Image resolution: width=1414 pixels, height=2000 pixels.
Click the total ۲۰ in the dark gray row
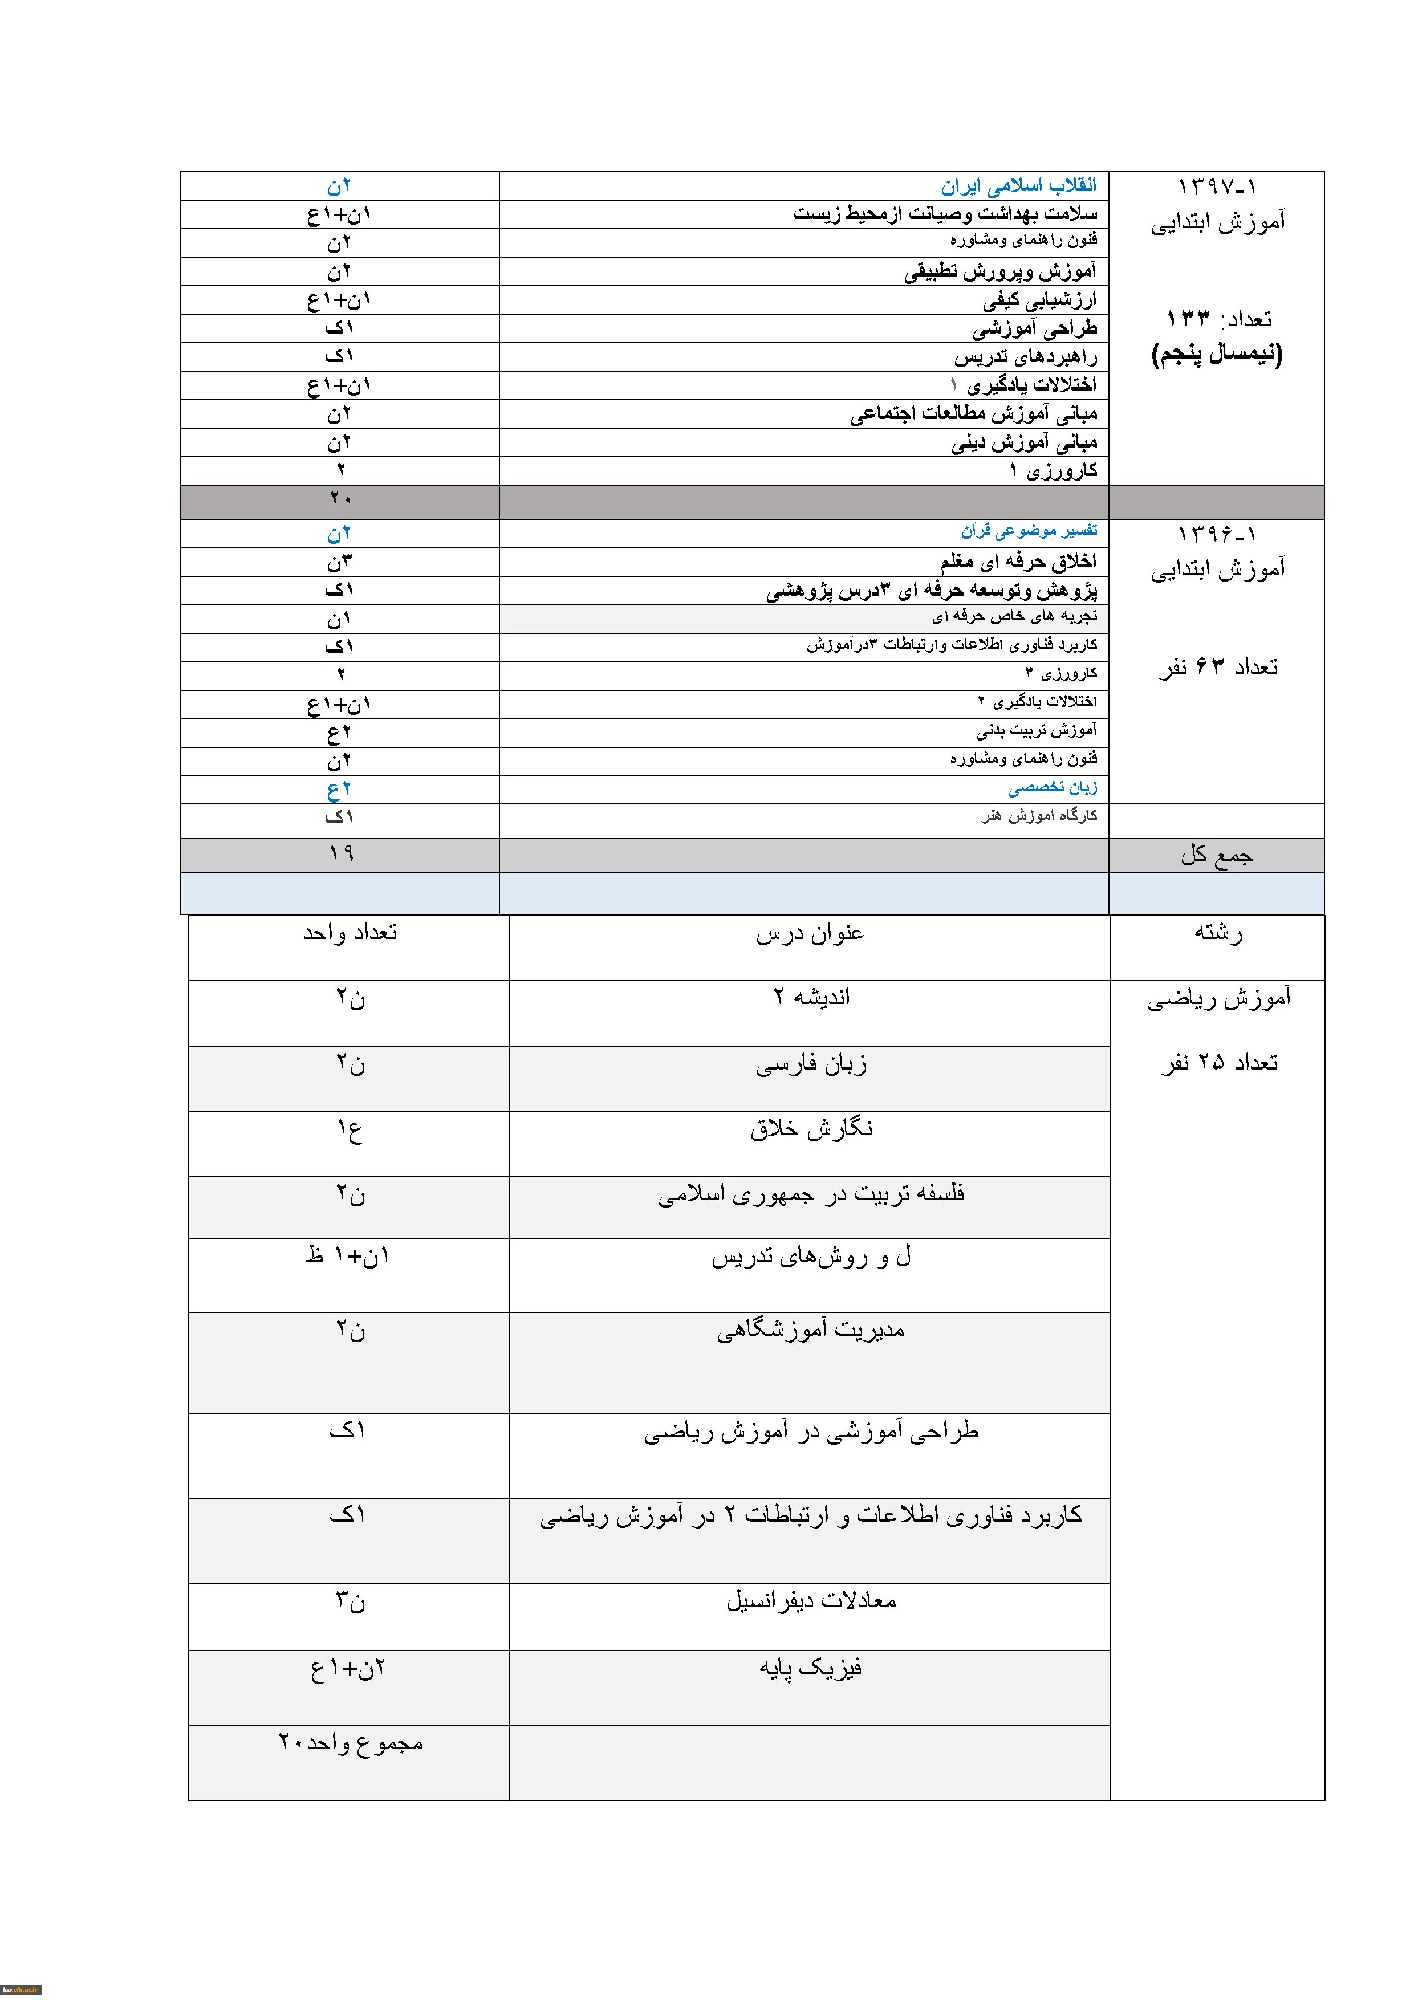(x=340, y=499)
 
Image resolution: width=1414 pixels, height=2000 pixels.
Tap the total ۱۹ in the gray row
(x=340, y=853)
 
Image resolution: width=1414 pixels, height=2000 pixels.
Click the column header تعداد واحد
(x=350, y=933)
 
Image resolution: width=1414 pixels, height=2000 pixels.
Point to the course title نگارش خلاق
(x=811, y=1129)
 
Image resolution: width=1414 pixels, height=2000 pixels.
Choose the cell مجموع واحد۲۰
(x=350, y=1742)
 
